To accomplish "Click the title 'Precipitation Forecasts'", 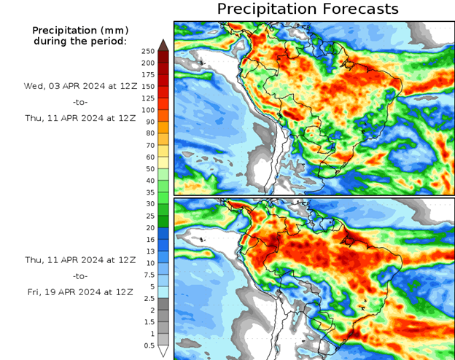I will click(308, 9).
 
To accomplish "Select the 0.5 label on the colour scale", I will click(149, 345).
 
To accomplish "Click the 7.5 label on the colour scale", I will click(149, 275).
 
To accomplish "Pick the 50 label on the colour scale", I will click(149, 169).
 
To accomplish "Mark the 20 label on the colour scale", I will click(149, 228).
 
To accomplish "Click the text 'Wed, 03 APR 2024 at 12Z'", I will click(80, 86).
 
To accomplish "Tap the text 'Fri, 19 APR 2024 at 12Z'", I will click(80, 292).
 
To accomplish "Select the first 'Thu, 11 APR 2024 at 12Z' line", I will click(80, 117).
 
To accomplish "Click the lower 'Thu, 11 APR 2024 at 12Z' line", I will click(80, 260).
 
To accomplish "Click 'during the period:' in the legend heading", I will click(80, 41).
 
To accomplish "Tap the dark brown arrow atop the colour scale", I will click(163, 44).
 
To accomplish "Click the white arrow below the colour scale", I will click(163, 352).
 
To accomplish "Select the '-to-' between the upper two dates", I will click(80, 102).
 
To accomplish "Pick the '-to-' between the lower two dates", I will click(80, 276).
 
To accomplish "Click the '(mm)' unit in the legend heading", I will click(114, 31).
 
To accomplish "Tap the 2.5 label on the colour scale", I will click(149, 299).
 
